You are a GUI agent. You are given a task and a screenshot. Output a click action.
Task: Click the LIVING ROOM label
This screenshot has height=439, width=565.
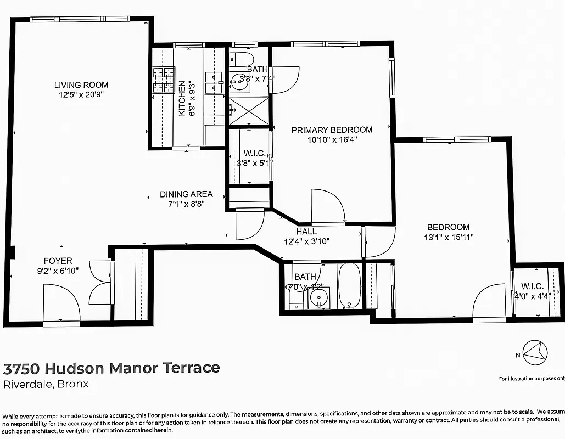coord(81,85)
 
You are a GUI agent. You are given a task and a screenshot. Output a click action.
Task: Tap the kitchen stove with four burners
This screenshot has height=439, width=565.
coord(163,80)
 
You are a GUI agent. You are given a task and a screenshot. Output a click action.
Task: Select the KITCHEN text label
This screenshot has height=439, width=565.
coord(182,99)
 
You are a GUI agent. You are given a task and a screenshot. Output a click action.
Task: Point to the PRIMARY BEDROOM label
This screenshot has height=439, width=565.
coord(332,130)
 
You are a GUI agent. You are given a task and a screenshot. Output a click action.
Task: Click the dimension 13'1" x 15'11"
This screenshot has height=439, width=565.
coord(449,237)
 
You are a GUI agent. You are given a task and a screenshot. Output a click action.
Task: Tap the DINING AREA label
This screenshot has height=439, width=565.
coord(186,194)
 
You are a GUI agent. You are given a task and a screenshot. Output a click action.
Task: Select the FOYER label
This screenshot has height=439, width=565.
coord(58,261)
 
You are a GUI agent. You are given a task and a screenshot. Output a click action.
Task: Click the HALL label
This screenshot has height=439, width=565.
coord(307,232)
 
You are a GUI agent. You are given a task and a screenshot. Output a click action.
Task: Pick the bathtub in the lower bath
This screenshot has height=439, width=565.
coord(349,285)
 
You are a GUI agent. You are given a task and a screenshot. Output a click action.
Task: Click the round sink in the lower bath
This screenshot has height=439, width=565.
coord(318,299)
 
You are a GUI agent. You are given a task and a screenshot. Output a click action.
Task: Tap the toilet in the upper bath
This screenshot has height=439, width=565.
coord(240,59)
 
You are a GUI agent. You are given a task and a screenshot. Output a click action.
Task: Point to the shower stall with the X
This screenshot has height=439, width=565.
coord(248,111)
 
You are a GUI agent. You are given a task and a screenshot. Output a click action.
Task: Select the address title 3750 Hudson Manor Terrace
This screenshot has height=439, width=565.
coord(111,368)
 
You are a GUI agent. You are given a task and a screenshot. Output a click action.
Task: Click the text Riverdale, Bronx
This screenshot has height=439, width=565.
coord(46,384)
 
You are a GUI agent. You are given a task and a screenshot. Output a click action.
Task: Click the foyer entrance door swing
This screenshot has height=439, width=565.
coord(60,303)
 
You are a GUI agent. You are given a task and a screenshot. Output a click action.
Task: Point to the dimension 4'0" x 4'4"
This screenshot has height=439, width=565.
coord(532,296)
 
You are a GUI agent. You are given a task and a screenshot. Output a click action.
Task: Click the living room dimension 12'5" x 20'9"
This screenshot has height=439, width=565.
coord(81,95)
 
